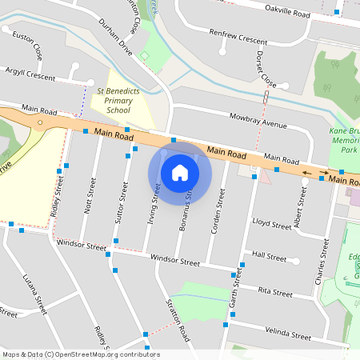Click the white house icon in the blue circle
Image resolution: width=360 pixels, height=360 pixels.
pos(179,172)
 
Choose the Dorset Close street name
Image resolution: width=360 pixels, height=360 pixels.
pos(266,70)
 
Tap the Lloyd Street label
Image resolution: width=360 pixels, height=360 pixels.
pos(271,226)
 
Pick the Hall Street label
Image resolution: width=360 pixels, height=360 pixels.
pos(269,258)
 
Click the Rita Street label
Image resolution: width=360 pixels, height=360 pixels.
pos(275,293)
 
